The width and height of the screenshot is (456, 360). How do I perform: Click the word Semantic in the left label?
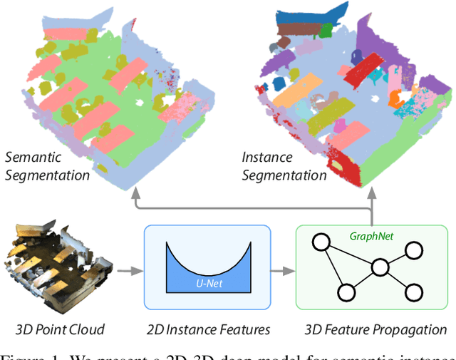(x=33, y=156)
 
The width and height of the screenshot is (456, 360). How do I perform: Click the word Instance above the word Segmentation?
(x=266, y=156)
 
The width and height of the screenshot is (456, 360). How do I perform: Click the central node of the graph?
(x=379, y=268)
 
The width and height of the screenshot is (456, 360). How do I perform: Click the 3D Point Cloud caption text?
(x=60, y=329)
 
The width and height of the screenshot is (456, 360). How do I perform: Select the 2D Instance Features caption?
(x=207, y=329)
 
